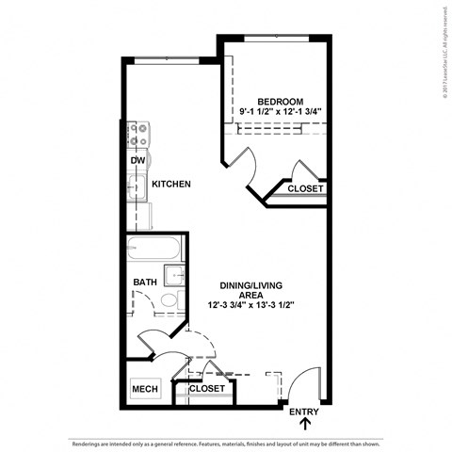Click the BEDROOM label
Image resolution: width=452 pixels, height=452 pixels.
click(281, 102)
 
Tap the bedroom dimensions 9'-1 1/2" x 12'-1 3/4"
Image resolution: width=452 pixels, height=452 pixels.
click(281, 113)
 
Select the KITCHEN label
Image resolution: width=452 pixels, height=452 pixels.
click(171, 185)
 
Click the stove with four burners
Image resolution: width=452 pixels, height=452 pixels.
click(138, 136)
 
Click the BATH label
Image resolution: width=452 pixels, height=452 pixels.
click(144, 282)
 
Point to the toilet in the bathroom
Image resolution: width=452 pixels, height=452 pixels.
click(169, 300)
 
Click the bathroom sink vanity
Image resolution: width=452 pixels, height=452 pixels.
click(174, 275)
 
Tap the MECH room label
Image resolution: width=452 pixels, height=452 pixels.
click(144, 389)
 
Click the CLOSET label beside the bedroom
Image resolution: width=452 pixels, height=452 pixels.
click(306, 188)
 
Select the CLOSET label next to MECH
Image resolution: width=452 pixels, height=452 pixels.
click(207, 388)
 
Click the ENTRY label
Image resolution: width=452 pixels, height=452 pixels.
click(304, 412)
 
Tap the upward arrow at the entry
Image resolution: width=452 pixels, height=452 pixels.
click(304, 427)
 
